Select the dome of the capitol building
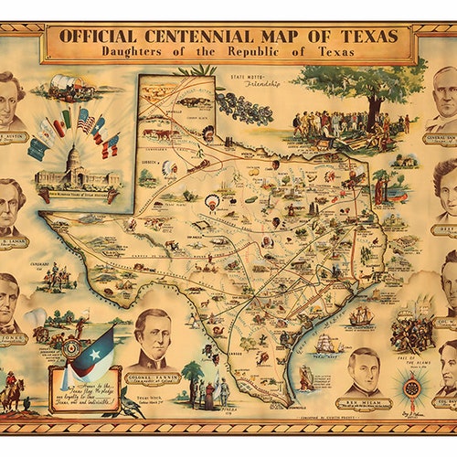[x=74, y=155]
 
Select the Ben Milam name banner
[x=364, y=401]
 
